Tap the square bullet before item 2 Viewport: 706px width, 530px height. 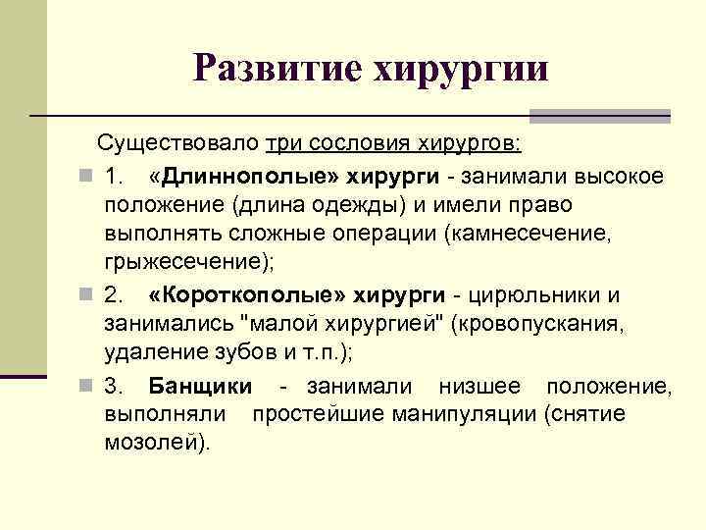point(87,296)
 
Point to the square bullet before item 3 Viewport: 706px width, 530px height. point(87,387)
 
